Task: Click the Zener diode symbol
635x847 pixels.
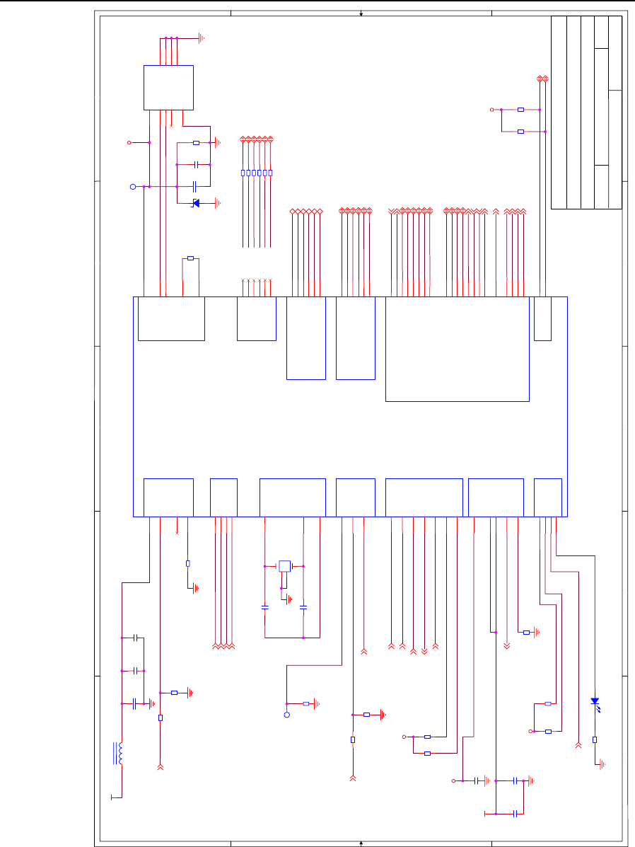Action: tap(196, 203)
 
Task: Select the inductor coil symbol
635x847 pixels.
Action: tap(120, 754)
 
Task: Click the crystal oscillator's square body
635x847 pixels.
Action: tap(284, 565)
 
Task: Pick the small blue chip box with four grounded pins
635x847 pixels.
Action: tap(168, 87)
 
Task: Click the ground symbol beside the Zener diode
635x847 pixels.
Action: tap(219, 203)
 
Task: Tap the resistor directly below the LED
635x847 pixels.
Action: tap(595, 739)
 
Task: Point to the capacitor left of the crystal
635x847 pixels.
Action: tap(264, 607)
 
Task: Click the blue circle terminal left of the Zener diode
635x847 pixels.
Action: tap(132, 187)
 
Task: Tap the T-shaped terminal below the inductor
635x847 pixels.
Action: tap(112, 797)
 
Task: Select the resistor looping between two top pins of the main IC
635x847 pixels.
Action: tap(190, 258)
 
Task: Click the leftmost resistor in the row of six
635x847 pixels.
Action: tap(243, 173)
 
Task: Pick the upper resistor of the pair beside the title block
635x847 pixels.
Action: tap(521, 110)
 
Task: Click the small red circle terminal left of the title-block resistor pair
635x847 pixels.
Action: tap(493, 110)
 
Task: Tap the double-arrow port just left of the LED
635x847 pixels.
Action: tap(578, 744)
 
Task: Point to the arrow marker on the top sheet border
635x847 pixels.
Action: tap(361, 13)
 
